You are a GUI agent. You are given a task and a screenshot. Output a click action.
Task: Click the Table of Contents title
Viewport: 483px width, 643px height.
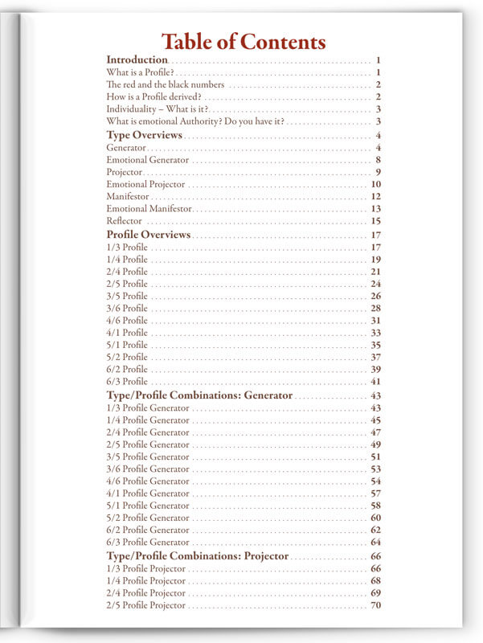244,42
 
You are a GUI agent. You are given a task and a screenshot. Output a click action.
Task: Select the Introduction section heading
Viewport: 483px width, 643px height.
137,60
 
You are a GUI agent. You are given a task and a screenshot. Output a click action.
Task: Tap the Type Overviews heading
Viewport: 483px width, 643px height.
144,135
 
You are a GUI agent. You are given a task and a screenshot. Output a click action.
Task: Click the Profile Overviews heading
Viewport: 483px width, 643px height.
148,235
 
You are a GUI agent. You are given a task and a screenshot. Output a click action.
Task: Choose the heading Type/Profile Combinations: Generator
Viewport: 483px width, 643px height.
199,396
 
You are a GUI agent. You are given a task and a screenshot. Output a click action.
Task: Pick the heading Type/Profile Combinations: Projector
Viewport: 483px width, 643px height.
197,556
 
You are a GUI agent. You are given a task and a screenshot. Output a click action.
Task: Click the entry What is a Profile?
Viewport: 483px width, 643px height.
140,73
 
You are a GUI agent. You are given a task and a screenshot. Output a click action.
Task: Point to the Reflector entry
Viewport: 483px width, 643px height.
124,221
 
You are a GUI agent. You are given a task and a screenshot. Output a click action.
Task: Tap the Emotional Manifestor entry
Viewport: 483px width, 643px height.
149,209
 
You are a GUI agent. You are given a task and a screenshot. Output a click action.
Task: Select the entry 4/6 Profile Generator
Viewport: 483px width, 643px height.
148,481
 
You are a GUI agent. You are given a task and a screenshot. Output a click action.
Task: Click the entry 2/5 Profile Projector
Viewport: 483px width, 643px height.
145,605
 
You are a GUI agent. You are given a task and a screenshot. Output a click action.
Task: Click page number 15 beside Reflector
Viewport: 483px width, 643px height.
375,221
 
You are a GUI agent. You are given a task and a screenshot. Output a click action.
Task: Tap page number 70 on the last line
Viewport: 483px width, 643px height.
375,605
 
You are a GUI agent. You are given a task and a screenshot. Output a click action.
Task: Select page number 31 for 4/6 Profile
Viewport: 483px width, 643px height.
375,321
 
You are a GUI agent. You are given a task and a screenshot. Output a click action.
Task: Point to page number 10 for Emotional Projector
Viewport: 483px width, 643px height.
375,184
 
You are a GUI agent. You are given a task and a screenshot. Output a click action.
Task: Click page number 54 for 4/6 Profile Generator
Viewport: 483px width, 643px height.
375,481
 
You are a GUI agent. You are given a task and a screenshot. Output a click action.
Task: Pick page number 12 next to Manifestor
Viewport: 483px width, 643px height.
375,197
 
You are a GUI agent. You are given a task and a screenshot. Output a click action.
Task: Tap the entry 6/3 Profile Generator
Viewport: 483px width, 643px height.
148,543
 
